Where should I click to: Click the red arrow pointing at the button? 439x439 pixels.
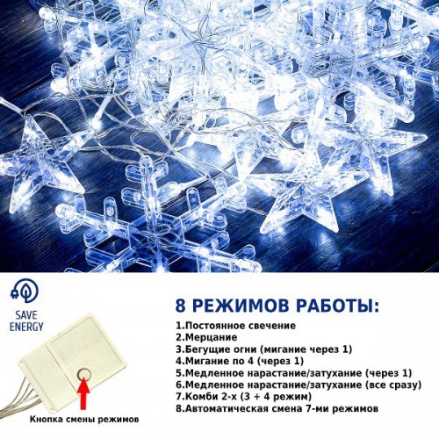(84, 395)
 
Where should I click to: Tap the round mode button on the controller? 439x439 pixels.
(84, 374)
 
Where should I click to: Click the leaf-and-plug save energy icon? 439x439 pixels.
(25, 291)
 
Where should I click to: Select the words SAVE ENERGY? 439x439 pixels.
(26, 320)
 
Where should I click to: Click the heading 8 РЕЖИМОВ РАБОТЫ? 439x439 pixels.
(277, 306)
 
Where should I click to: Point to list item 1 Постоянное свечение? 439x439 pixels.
(236, 326)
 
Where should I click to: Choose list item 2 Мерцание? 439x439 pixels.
(206, 337)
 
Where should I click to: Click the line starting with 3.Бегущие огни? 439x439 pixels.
(264, 349)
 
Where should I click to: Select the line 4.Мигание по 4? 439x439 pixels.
(240, 361)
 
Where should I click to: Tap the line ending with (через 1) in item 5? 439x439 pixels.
(294, 373)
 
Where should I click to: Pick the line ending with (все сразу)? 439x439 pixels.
(299, 385)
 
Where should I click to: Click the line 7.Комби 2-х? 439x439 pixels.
(244, 397)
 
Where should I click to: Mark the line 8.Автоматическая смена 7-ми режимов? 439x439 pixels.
(277, 408)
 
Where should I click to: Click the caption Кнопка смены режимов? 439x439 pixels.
(84, 419)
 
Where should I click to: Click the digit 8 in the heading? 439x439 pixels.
(181, 306)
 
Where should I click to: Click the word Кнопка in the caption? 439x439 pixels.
(45, 419)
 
